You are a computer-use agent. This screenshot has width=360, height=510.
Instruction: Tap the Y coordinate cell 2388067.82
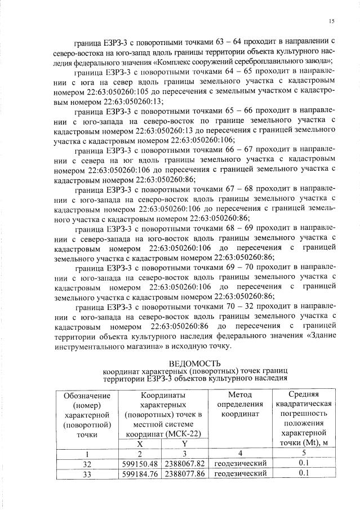coord(184,463)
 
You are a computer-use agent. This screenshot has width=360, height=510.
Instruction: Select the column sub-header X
coord(139,444)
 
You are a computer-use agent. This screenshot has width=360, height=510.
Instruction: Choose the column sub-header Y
coord(184,444)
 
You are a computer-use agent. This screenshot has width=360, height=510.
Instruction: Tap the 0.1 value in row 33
coord(304,473)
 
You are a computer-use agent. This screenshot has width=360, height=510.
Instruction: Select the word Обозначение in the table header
coord(87,396)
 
